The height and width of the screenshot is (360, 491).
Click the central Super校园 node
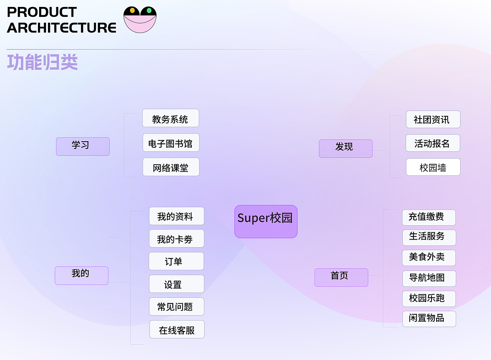click(x=266, y=221)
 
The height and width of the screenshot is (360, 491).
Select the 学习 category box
click(x=83, y=146)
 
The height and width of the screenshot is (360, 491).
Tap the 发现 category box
click(x=346, y=149)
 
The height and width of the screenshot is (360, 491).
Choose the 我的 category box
click(x=81, y=275)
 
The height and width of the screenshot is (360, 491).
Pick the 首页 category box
click(x=341, y=277)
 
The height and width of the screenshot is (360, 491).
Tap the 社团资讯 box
click(x=433, y=119)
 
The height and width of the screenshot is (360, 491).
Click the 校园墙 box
click(x=433, y=167)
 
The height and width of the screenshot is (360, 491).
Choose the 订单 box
click(x=176, y=261)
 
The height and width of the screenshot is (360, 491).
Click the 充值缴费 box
click(x=428, y=217)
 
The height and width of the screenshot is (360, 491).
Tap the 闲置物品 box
click(x=429, y=319)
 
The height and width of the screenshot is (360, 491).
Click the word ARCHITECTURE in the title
click(x=61, y=28)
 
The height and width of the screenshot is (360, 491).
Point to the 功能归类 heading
click(x=42, y=62)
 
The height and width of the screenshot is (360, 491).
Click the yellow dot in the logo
click(x=132, y=10)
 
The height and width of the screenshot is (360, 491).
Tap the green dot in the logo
click(x=149, y=10)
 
